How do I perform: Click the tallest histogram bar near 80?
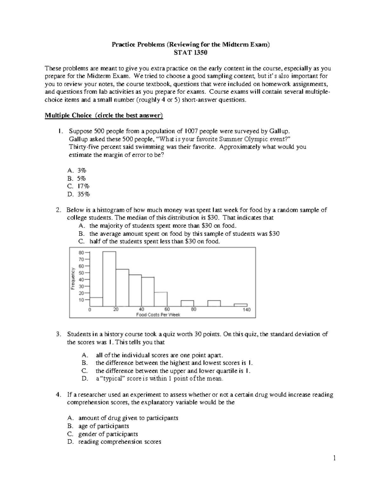point(109,279)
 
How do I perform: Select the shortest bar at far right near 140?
point(240,305)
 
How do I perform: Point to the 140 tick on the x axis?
point(247,310)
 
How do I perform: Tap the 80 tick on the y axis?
point(81,253)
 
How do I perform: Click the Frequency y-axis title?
point(73,279)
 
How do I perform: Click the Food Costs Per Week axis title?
point(158,315)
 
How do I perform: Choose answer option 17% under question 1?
point(84,186)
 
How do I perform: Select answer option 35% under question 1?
point(84,194)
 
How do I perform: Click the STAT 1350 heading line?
point(190,53)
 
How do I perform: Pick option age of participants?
point(104,426)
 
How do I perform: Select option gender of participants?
point(108,434)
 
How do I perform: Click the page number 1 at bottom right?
point(334,458)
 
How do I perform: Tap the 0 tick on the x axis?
point(90,310)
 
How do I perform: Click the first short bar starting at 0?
point(96,302)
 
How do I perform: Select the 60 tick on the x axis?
point(167,310)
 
